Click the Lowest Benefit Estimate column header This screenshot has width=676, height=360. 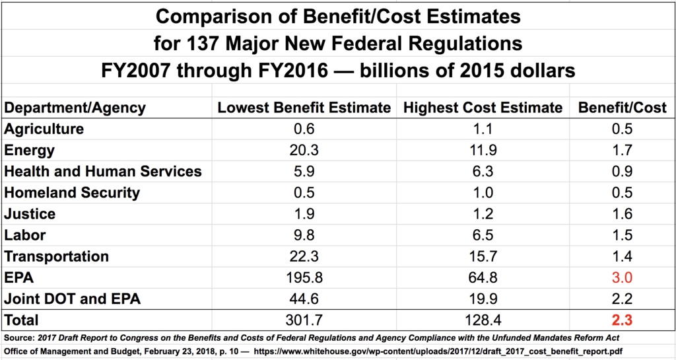(304, 108)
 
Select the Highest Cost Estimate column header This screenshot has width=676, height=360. (483, 108)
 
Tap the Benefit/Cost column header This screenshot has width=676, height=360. (622, 108)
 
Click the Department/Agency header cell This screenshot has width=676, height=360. (75, 108)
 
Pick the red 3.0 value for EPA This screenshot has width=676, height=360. (622, 277)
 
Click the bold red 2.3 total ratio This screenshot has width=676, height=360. (622, 320)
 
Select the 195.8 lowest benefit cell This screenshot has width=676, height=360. (304, 277)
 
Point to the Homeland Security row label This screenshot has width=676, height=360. (72, 193)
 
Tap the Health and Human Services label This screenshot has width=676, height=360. (102, 172)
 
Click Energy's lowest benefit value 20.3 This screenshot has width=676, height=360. (304, 151)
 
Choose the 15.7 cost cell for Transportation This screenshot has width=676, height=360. (483, 256)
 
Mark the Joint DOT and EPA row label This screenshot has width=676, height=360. (72, 299)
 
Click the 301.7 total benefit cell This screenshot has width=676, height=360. (304, 320)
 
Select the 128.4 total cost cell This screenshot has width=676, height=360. (483, 320)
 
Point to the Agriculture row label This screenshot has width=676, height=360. (44, 129)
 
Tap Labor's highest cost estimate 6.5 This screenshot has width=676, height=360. (483, 235)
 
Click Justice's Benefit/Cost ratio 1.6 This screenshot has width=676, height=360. (622, 214)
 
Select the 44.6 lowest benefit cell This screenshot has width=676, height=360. (304, 299)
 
